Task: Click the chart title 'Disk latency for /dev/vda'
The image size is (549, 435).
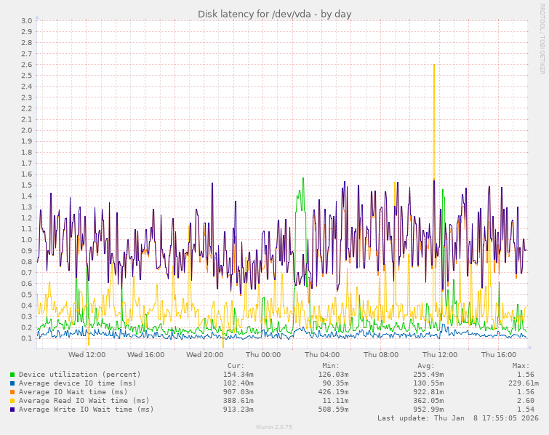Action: [275, 14]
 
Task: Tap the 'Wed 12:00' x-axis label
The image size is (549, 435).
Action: [87, 355]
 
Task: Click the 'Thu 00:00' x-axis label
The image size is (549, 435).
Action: [263, 355]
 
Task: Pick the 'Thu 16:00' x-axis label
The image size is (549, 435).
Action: [498, 355]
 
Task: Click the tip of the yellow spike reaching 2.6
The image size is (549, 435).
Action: [434, 65]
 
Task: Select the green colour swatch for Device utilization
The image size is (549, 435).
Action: [12, 375]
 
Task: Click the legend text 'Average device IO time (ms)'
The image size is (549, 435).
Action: [78, 383]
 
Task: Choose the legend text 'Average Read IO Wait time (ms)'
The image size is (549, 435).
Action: [84, 401]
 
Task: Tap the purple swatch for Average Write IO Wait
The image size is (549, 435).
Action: [12, 410]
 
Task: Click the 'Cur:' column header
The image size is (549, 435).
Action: [236, 366]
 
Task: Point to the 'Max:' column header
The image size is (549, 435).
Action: [521, 366]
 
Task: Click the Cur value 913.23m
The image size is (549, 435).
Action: [238, 410]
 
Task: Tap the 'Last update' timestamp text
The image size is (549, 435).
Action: [457, 418]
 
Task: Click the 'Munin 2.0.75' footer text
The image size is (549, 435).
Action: [274, 428]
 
